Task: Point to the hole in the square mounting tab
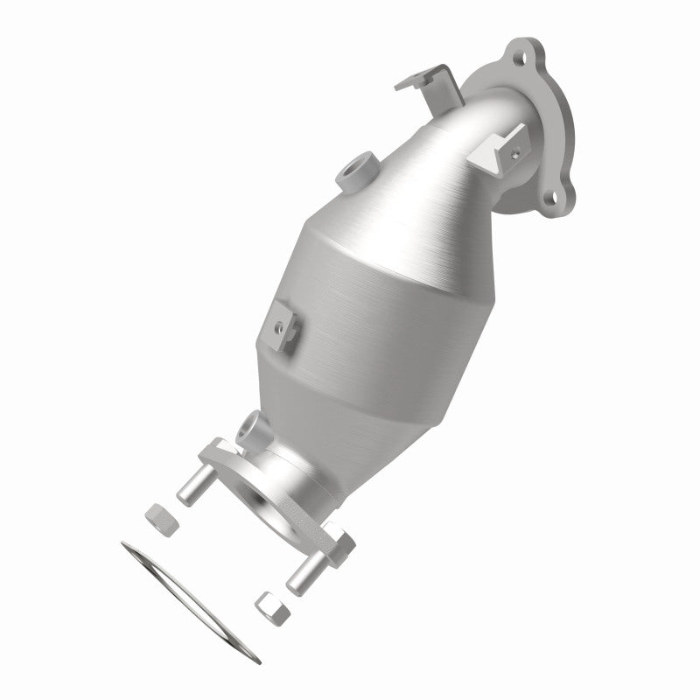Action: pyautogui.click(x=277, y=326)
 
